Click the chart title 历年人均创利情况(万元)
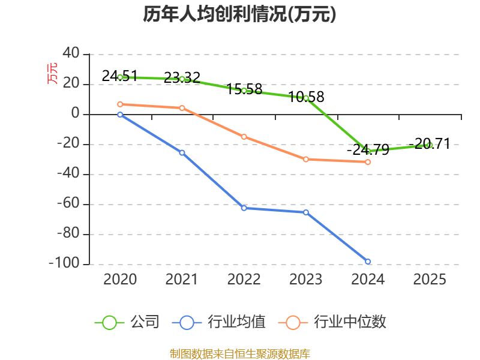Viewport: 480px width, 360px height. click(x=239, y=14)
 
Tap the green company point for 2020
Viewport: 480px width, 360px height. click(x=120, y=77)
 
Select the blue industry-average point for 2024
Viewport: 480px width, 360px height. click(x=368, y=262)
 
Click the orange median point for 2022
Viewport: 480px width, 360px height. click(x=244, y=137)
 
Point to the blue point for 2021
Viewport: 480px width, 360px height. click(x=182, y=152)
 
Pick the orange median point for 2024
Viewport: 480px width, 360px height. click(x=368, y=162)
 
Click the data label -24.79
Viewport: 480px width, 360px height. click(x=368, y=149)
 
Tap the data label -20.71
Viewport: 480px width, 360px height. click(x=430, y=143)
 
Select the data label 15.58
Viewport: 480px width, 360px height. click(x=244, y=89)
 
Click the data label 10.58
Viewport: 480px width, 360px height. click(x=306, y=97)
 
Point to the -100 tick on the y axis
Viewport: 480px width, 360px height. click(x=64, y=263)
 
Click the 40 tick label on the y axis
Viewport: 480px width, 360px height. click(x=71, y=53)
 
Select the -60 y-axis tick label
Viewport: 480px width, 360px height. click(x=68, y=203)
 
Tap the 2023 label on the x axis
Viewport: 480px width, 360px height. click(x=306, y=279)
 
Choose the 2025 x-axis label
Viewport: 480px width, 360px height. click(x=430, y=279)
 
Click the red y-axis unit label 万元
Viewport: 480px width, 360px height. click(x=52, y=73)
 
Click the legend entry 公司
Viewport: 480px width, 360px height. click(x=127, y=322)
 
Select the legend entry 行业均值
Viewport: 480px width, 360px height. click(x=219, y=322)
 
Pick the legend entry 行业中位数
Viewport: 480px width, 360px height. click(x=332, y=322)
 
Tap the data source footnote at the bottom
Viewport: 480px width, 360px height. click(x=239, y=354)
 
